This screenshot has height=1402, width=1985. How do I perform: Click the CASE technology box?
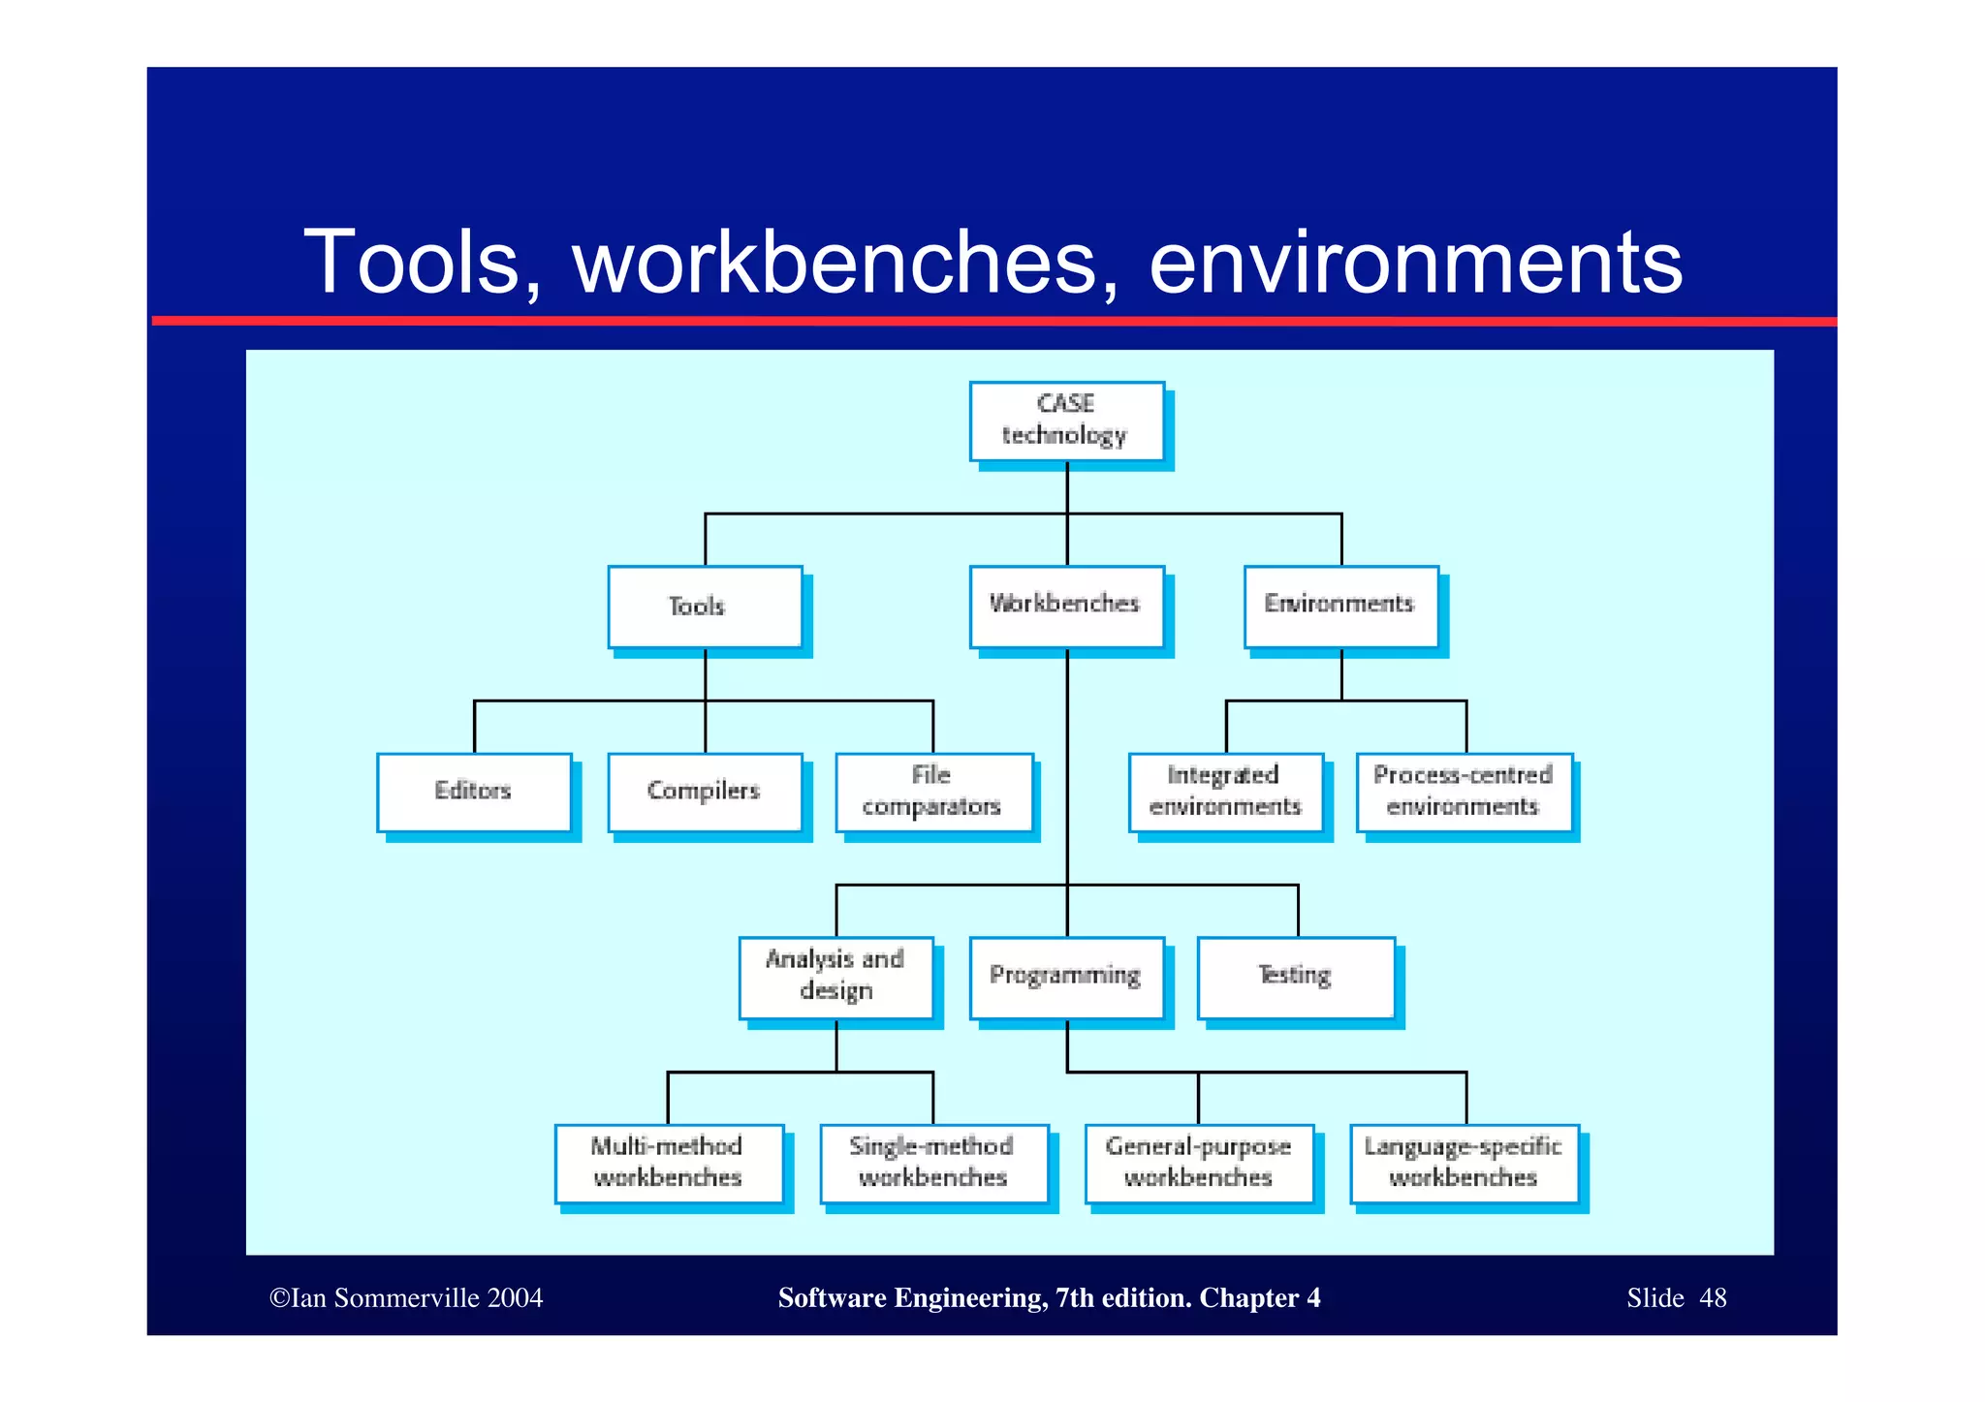pos(1066,421)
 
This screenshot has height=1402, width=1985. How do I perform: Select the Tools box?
pos(705,607)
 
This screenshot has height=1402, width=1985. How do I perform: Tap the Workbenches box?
pos(1066,607)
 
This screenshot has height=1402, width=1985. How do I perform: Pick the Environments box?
pos(1340,607)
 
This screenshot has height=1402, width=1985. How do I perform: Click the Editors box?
pos(474,792)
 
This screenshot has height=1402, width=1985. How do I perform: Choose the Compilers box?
pos(705,792)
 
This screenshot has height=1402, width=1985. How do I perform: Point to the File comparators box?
pos(933,792)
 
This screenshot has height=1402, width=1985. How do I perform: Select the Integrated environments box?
pos(1225,792)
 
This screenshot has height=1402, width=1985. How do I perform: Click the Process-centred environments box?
pos(1464,792)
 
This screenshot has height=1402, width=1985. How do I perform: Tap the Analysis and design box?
pos(835,977)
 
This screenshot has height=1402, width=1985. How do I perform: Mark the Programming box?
pos(1066,977)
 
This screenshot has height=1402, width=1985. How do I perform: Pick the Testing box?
pos(1296,977)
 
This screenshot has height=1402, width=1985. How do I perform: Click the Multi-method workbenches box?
pos(669,1163)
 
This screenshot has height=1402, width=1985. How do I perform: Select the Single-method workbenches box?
pos(933,1163)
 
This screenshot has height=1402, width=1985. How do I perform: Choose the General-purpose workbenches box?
pos(1199,1163)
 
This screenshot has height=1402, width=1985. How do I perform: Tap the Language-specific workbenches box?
pos(1464,1163)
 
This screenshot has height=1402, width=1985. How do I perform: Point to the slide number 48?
pos(1713,1298)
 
